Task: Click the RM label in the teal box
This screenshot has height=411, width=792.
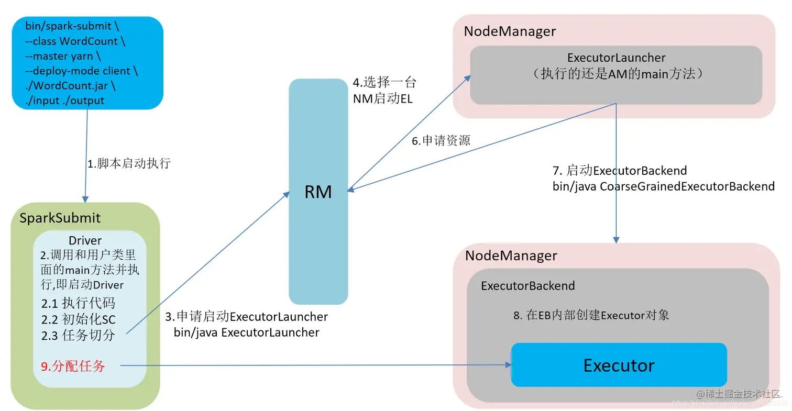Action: pos(318,192)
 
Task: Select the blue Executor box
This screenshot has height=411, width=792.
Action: pos(619,365)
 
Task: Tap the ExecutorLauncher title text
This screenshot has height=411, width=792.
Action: pos(616,58)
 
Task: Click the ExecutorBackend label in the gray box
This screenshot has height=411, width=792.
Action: pos(527,286)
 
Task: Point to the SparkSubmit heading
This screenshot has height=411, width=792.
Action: pos(60,218)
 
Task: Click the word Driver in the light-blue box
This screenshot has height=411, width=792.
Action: pos(85,240)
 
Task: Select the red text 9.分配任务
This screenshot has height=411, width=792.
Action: pos(73,366)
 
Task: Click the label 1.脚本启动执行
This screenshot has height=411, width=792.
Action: pos(129,163)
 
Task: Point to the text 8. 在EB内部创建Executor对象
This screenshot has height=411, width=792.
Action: pos(591,315)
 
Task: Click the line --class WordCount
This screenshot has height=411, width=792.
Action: pos(75,41)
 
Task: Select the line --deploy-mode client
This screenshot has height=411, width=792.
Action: pos(81,71)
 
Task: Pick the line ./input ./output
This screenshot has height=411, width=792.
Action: pos(64,101)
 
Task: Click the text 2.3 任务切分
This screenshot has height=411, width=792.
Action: pos(78,336)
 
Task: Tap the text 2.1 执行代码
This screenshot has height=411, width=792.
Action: pos(78,303)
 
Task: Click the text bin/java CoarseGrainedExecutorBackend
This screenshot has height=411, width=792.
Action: pos(663,186)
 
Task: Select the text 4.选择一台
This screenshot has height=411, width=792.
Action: pos(384,83)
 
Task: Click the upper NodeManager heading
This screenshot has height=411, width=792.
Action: pos(510,31)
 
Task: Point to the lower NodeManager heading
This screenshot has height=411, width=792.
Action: pos(511,256)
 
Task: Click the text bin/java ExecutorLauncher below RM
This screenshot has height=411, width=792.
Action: pos(246,332)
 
